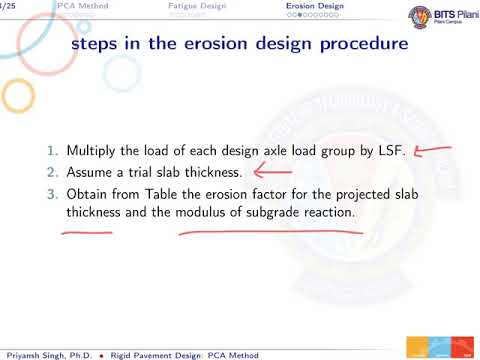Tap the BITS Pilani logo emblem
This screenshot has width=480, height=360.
click(x=391, y=17)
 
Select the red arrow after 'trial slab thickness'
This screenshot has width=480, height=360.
click(x=272, y=172)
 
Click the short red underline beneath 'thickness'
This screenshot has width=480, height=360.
click(x=86, y=233)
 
